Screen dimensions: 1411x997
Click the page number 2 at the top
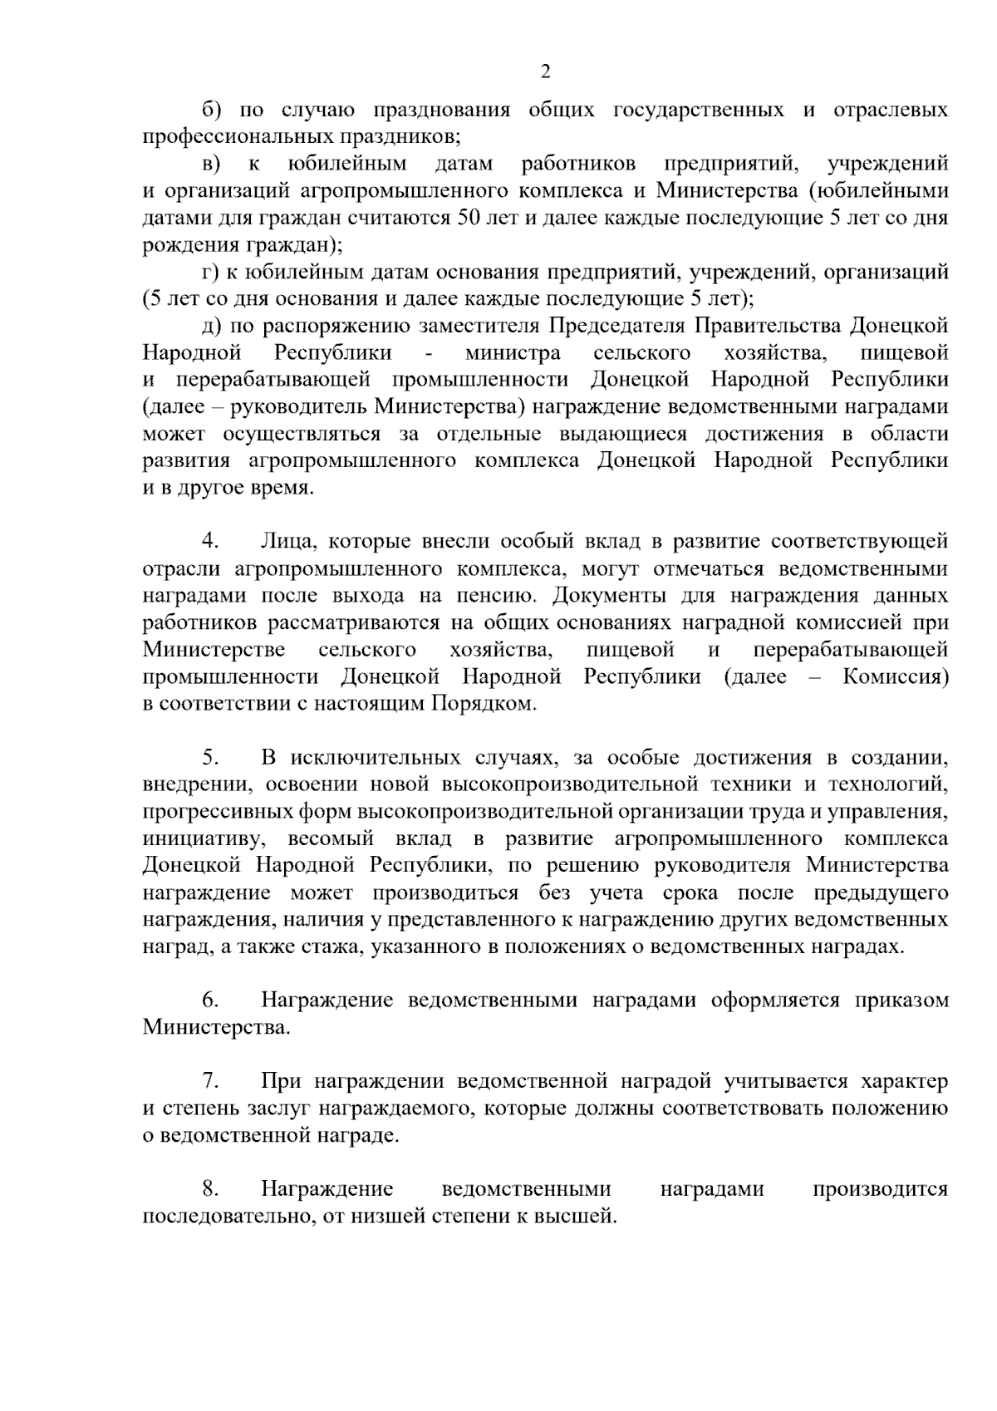pyautogui.click(x=545, y=72)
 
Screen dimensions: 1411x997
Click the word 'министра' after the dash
pyautogui.click(x=513, y=353)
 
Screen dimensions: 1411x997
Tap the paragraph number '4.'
pyautogui.click(x=210, y=542)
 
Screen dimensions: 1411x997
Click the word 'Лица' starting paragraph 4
pyautogui.click(x=289, y=542)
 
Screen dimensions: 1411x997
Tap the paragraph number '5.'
pyautogui.click(x=210, y=758)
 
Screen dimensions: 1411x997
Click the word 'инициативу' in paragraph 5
pyautogui.click(x=194, y=838)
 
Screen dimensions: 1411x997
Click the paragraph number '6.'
pyautogui.click(x=210, y=1000)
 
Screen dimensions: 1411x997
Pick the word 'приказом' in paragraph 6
pyautogui.click(x=901, y=1000)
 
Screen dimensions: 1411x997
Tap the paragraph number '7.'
pyautogui.click(x=210, y=1082)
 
